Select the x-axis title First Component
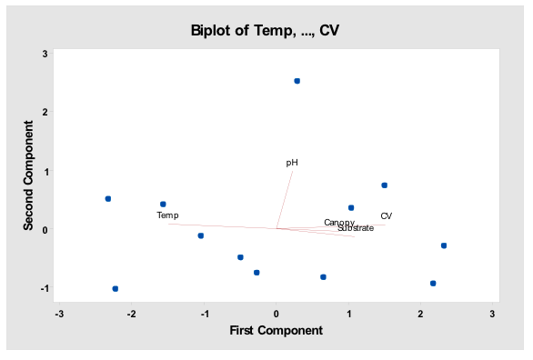pos(276,331)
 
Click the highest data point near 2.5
pos(297,81)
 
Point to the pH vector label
pos(292,163)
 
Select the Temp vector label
pos(167,215)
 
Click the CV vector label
pos(387,216)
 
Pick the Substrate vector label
pos(356,228)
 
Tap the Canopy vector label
pos(339,223)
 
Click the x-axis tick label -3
pos(60,315)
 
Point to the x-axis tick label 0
pos(277,315)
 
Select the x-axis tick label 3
pos(493,315)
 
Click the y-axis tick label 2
pos(45,112)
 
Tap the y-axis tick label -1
pos(43,288)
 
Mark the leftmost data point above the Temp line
pos(108,198)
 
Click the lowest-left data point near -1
pos(116,288)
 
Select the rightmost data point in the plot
pos(444,245)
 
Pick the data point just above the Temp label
pos(163,204)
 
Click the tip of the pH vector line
pos(292,171)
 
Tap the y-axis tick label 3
pos(45,54)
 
